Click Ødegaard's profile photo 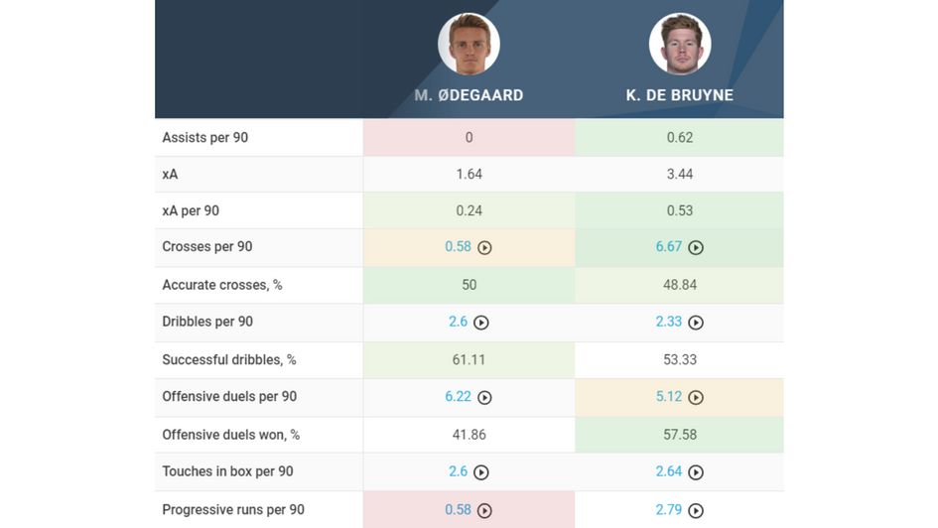click(469, 44)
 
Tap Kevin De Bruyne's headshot click(680, 44)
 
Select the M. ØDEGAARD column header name click(469, 96)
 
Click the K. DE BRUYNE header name click(680, 96)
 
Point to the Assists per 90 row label click(205, 138)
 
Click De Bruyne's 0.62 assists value click(680, 138)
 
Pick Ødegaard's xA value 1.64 click(469, 174)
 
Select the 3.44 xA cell click(680, 174)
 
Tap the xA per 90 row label click(191, 210)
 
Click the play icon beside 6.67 click(696, 248)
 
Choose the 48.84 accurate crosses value click(680, 285)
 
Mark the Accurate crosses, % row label click(222, 285)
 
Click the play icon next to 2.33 click(696, 323)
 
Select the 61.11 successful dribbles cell click(469, 359)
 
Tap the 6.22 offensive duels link click(458, 397)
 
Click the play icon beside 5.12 click(696, 398)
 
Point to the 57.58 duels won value click(680, 435)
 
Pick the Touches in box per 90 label click(227, 471)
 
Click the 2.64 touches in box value click(669, 471)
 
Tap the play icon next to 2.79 click(696, 511)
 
